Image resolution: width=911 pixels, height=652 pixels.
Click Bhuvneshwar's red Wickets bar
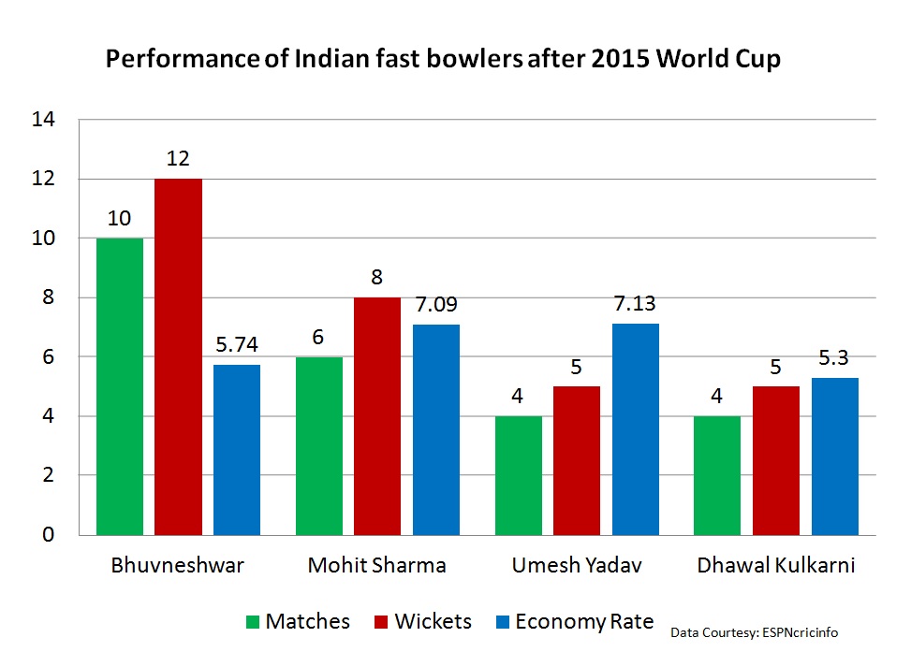click(178, 356)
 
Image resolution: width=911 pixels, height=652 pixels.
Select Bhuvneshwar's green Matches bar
click(120, 386)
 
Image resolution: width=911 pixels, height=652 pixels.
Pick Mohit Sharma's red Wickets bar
click(377, 416)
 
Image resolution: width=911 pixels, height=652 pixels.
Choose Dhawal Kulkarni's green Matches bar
click(717, 475)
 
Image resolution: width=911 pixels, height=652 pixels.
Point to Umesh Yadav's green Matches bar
click(518, 475)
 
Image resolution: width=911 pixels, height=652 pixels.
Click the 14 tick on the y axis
click(43, 119)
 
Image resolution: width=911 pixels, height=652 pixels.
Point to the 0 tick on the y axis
click(49, 535)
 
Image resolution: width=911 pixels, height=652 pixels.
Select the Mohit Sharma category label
click(377, 566)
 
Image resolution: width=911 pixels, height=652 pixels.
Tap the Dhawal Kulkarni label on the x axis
click(776, 566)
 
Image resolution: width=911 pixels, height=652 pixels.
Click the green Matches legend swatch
click(253, 622)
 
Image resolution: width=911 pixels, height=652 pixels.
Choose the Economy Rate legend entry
click(571, 622)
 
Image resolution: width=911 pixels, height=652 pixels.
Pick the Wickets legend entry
click(421, 622)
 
